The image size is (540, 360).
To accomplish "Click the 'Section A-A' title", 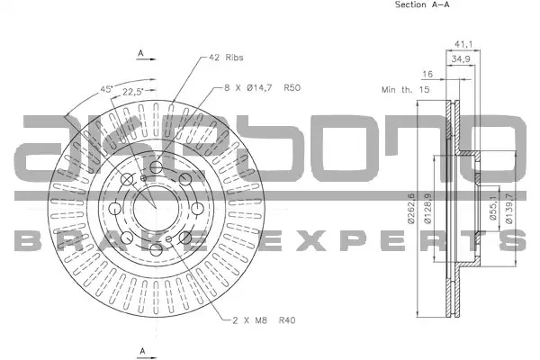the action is pos(422,4).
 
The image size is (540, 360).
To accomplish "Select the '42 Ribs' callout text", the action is pos(226,58).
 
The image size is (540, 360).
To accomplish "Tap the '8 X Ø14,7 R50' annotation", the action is pos(263,88).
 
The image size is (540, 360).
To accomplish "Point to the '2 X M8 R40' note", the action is pos(264,320).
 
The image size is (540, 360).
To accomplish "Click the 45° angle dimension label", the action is pos(107,90).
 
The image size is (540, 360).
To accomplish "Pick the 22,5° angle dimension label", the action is pos(133,92).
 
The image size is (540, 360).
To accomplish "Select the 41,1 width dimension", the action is pos(463,44).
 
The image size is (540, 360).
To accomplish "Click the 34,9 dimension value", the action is pos(461,58).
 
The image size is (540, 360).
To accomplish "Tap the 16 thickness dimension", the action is pos(427,74).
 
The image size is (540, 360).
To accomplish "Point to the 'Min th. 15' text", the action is pos(405,90).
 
